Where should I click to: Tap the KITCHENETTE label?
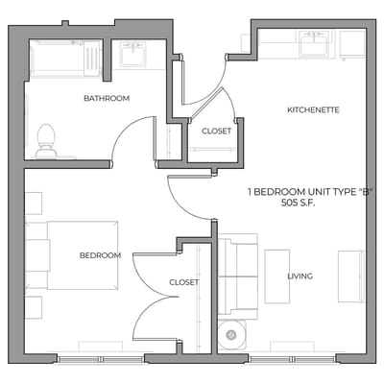click(x=313, y=110)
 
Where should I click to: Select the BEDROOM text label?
click(x=100, y=255)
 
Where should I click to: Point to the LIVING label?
click(x=300, y=276)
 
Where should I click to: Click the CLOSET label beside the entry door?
click(x=215, y=132)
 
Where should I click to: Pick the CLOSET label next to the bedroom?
click(x=183, y=282)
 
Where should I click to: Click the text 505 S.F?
click(x=300, y=203)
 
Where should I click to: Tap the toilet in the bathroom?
click(x=45, y=140)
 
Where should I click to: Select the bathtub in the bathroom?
click(x=65, y=58)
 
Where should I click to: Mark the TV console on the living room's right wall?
click(x=351, y=276)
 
